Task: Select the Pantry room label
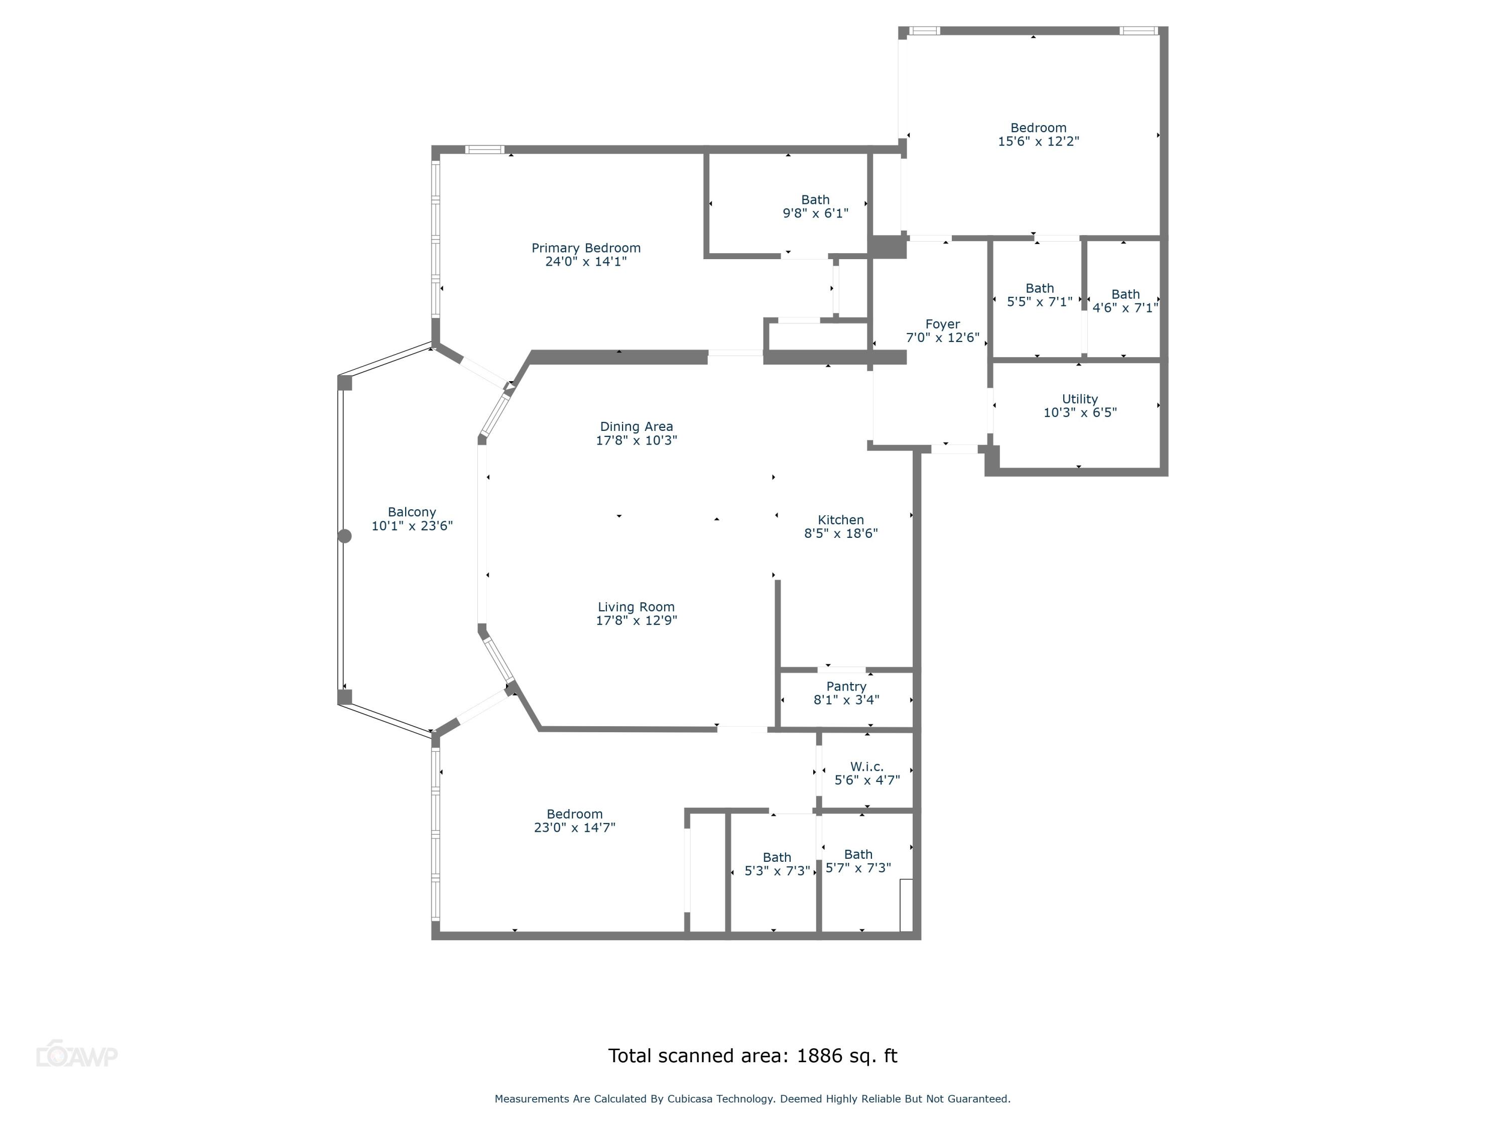pos(846,687)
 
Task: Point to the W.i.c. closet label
pos(866,767)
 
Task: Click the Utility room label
pos(1080,399)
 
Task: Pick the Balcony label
pos(412,512)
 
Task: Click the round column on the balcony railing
pos(345,536)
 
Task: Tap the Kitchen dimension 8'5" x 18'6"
pos(841,534)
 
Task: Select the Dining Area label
pos(636,427)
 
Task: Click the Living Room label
pos(636,607)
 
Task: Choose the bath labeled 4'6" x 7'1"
pos(1125,301)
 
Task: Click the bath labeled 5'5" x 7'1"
pos(1039,295)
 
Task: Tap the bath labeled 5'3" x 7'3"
pos(777,864)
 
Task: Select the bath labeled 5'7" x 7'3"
pos(858,861)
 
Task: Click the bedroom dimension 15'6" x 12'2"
pos(1038,142)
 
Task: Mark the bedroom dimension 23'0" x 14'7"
pos(575,828)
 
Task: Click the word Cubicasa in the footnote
pos(690,1099)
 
